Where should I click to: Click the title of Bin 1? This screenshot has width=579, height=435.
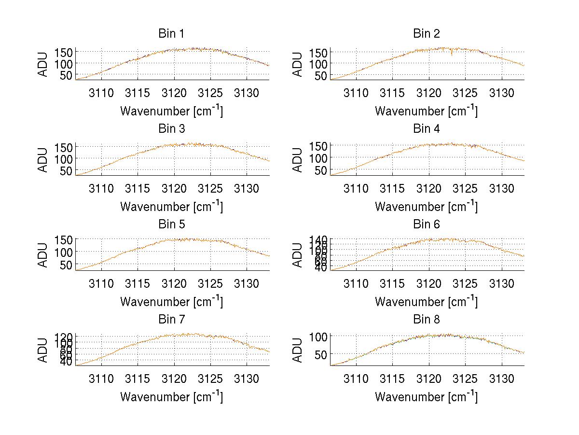pyautogui.click(x=171, y=33)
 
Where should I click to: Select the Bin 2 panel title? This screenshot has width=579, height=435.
pyautogui.click(x=427, y=33)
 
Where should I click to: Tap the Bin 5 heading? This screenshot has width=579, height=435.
pyautogui.click(x=171, y=224)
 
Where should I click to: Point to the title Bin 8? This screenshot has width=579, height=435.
pyautogui.click(x=427, y=319)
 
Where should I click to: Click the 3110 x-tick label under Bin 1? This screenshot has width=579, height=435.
pyautogui.click(x=101, y=93)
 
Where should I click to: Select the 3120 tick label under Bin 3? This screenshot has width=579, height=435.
pyautogui.click(x=174, y=188)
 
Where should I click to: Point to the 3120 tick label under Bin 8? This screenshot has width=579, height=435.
pyautogui.click(x=428, y=379)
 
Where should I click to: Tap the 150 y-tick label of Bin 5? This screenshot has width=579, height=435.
pyautogui.click(x=64, y=239)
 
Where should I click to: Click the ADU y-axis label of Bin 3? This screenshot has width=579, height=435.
pyautogui.click(x=43, y=159)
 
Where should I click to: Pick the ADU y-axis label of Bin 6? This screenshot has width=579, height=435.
pyautogui.click(x=298, y=254)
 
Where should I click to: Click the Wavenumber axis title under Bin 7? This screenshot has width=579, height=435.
pyautogui.click(x=171, y=396)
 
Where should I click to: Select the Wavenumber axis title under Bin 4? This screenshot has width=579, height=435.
pyautogui.click(x=427, y=206)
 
